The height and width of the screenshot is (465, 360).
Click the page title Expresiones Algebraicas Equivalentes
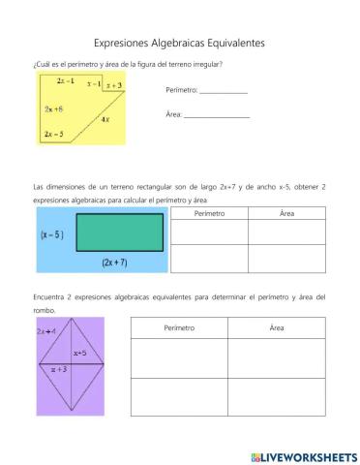[179, 43]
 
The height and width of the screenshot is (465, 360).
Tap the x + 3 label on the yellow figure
[113, 86]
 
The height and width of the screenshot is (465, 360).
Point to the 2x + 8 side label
[53, 109]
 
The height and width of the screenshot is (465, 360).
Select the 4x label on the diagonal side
[105, 118]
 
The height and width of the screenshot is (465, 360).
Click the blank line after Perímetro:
[223, 91]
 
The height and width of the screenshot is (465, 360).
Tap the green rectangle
[119, 233]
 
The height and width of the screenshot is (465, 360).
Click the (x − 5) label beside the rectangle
[53, 233]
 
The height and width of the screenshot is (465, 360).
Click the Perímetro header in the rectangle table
[209, 212]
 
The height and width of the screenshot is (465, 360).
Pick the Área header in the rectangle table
[286, 212]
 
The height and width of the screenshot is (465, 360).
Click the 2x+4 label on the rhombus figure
[45, 331]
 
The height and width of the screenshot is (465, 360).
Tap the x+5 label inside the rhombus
[80, 355]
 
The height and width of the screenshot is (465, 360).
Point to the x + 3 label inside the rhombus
[58, 369]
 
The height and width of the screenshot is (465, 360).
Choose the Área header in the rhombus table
[277, 327]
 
